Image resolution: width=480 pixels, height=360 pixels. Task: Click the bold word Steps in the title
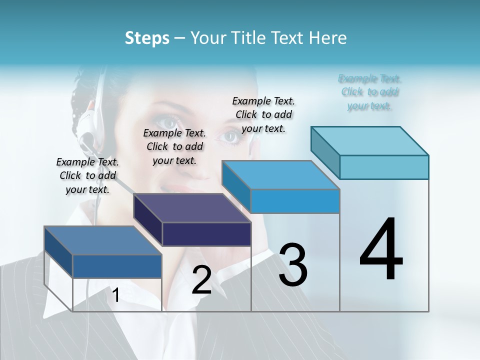147,38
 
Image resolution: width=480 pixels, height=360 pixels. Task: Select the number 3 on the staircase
293,264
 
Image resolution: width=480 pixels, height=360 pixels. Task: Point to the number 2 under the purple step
201,279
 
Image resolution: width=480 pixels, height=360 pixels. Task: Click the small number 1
115,295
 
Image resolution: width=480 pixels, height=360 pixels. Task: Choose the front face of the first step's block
117,266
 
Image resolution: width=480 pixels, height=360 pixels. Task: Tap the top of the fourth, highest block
370,141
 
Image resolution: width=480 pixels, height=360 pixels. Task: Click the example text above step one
87,175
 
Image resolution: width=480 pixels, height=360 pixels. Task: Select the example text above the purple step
174,146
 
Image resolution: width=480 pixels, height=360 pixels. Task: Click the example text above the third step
263,114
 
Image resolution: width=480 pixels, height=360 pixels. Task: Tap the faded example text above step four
369,92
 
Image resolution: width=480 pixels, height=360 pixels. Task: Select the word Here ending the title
328,38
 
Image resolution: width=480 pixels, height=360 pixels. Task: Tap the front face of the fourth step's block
384,167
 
